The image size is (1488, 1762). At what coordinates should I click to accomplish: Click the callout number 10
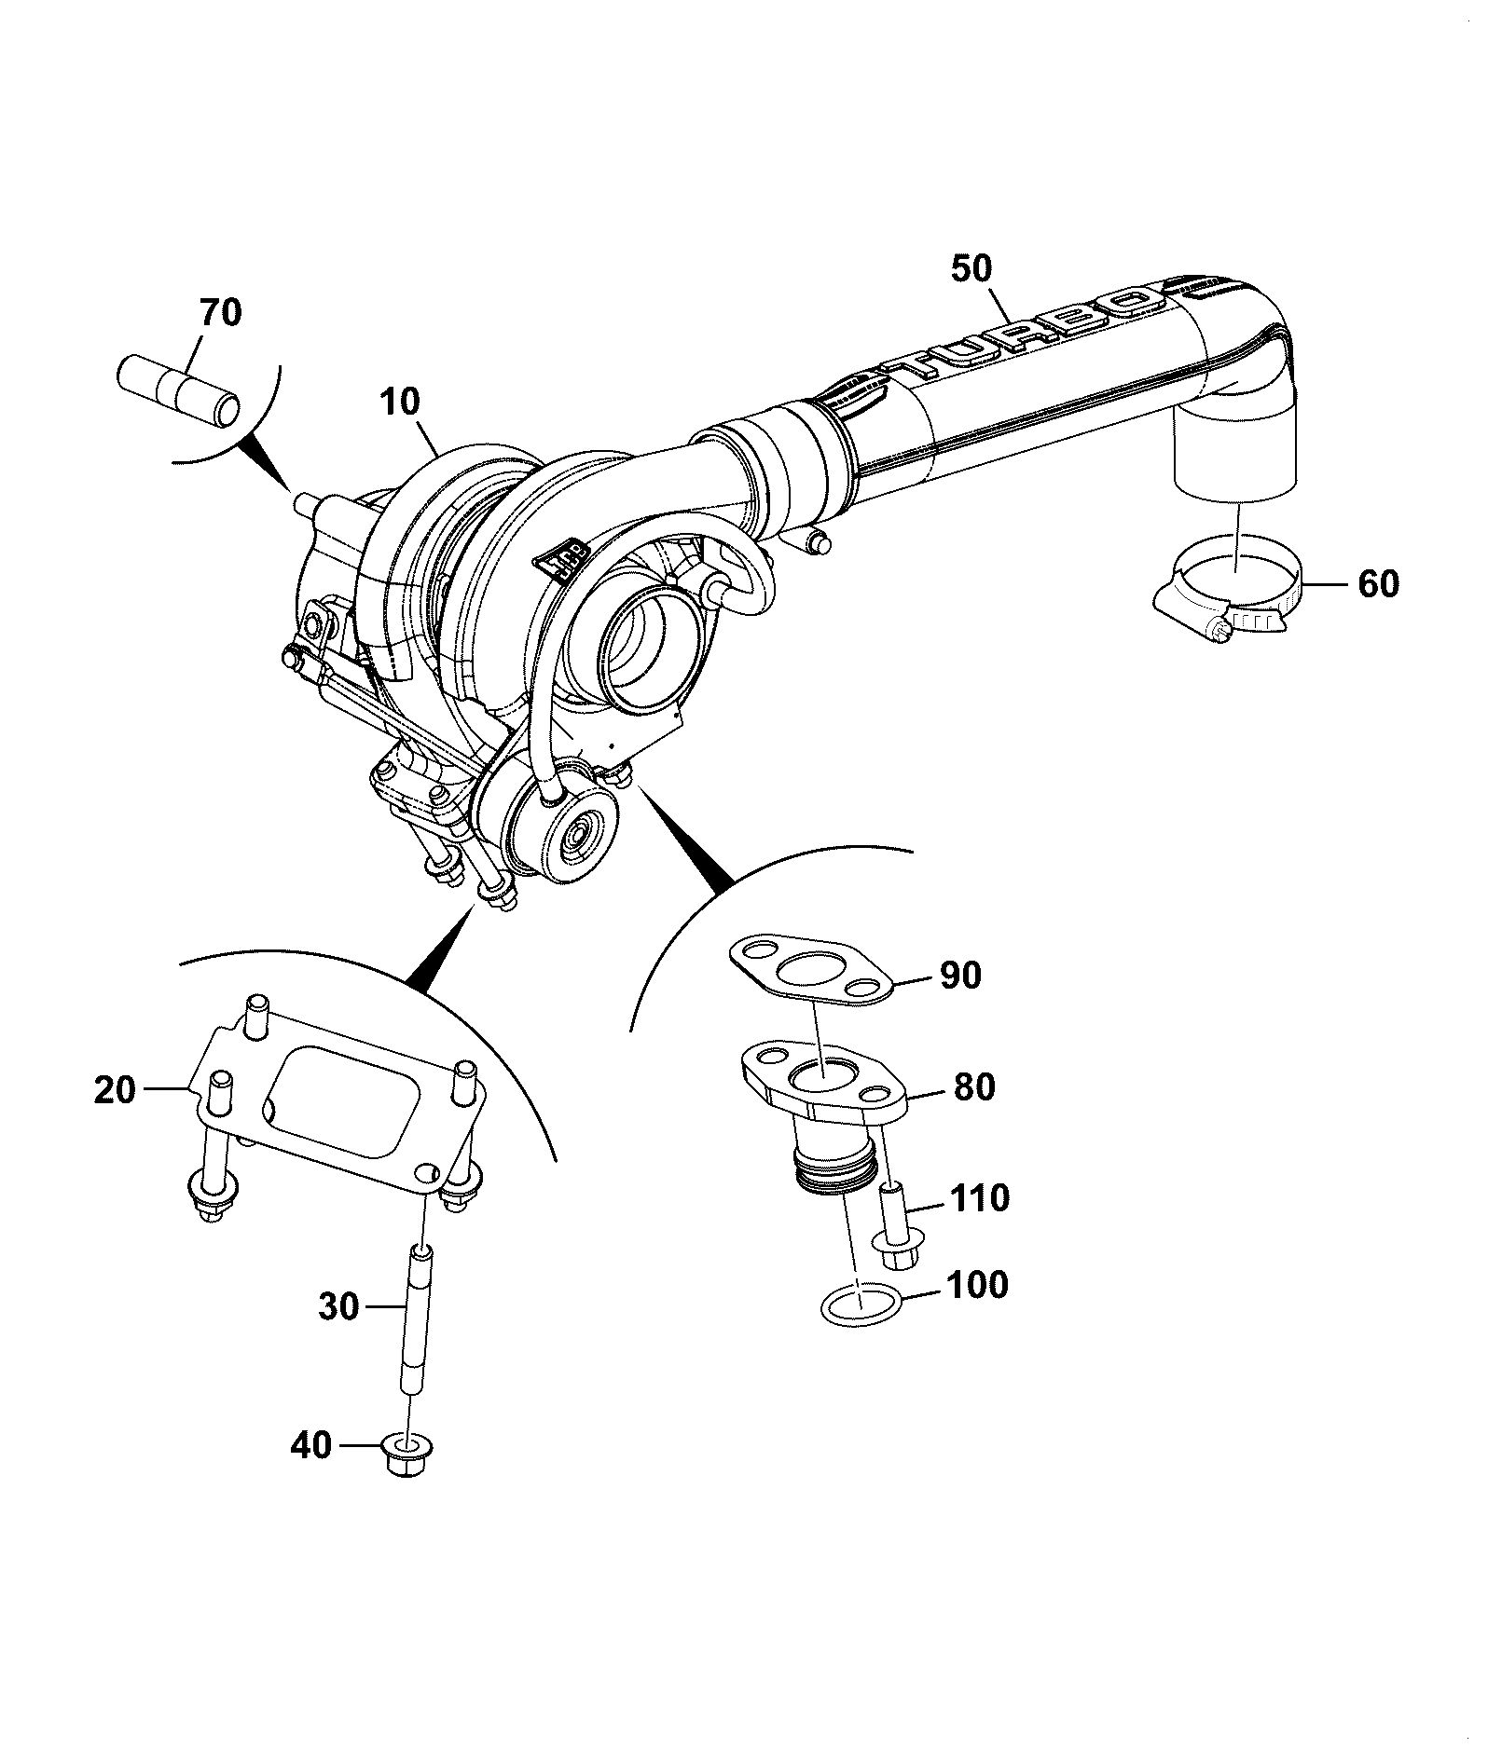pyautogui.click(x=400, y=403)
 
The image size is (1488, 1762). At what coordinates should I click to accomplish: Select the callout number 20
pyautogui.click(x=115, y=1089)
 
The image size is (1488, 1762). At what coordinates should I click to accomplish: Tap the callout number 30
pyautogui.click(x=338, y=1306)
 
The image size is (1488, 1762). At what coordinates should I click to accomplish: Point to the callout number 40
pyautogui.click(x=310, y=1445)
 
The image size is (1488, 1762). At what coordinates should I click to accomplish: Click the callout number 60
pyautogui.click(x=1378, y=584)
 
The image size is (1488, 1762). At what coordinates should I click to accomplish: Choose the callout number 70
pyautogui.click(x=220, y=313)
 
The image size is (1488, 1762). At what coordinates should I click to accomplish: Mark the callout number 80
pyautogui.click(x=973, y=1087)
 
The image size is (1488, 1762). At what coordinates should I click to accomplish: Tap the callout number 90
pyautogui.click(x=961, y=976)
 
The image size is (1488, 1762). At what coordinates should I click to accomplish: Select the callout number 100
pyautogui.click(x=977, y=1286)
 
